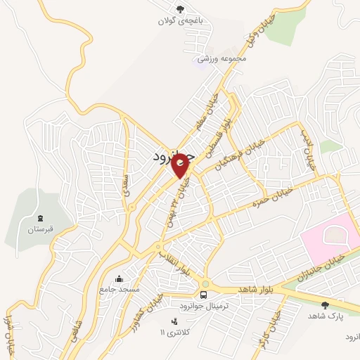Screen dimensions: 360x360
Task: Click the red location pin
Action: (x=181, y=165)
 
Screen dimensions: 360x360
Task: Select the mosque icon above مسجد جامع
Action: (x=118, y=278)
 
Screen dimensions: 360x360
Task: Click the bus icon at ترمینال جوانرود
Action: (x=204, y=294)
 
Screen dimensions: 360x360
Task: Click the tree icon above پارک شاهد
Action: (x=325, y=304)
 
